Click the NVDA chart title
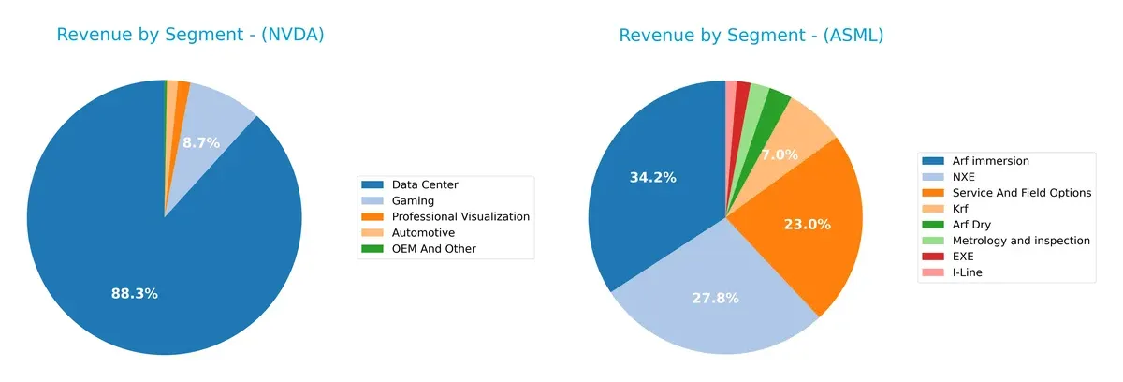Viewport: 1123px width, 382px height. (x=190, y=35)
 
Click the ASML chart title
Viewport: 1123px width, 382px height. (x=751, y=35)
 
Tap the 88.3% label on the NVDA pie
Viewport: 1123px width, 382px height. (x=134, y=293)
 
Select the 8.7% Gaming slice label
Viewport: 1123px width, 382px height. (x=200, y=143)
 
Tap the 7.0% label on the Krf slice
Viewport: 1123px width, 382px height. (x=779, y=154)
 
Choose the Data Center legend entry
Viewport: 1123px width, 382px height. (x=425, y=184)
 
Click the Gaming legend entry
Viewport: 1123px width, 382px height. (x=413, y=200)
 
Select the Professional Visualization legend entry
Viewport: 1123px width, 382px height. (x=460, y=216)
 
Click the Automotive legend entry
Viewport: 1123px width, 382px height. (x=423, y=232)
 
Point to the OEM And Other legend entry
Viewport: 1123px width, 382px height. (x=433, y=248)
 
